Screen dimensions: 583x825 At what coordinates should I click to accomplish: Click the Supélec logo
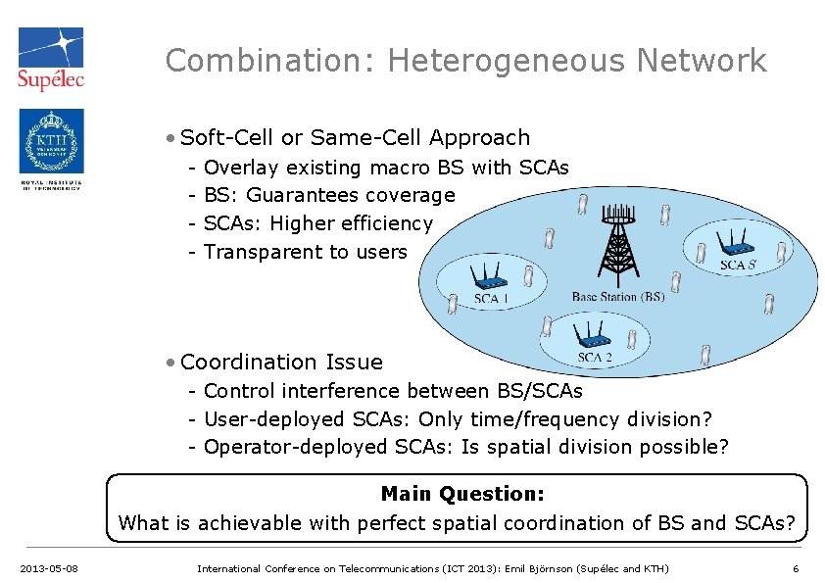coord(51,58)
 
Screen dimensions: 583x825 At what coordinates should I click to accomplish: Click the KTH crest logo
coord(51,141)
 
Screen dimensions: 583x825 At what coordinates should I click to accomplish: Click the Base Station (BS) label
coord(617,296)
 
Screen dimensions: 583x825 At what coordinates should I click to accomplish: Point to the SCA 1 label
coord(491,298)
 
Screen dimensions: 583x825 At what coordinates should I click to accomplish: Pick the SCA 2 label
coord(595,358)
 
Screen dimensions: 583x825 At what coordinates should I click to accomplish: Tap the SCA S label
coord(738,265)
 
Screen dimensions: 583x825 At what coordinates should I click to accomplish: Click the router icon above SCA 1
coord(487,273)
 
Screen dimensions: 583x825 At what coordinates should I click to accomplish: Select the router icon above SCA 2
coord(590,335)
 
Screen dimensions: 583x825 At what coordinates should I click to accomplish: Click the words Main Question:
coord(461,494)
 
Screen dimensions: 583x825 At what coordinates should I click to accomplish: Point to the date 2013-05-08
coord(49,568)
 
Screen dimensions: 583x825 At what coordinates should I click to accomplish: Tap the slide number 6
coord(795,568)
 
